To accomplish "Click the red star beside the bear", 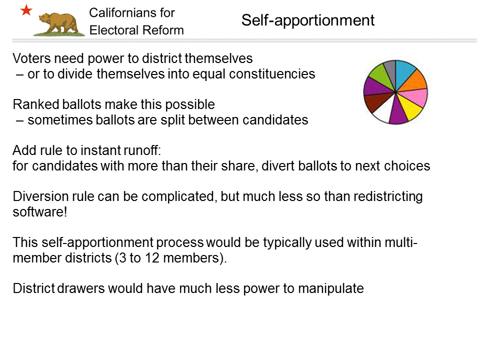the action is pyautogui.click(x=26, y=10).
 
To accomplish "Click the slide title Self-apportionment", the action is pyautogui.click(x=307, y=20).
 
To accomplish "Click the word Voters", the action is pyautogui.click(x=31, y=58).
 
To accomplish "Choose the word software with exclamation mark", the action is pyautogui.click(x=40, y=212).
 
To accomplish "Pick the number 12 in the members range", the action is pyautogui.click(x=152, y=258).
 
